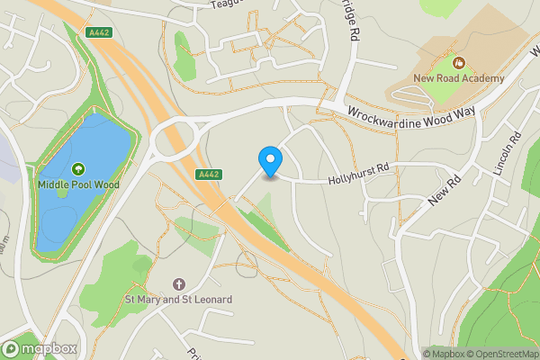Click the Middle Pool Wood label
(x=78, y=184)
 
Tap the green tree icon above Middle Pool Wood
(x=78, y=168)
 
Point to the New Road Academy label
(x=459, y=79)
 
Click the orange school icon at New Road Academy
(x=459, y=63)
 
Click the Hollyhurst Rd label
(x=358, y=168)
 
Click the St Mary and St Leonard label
(x=177, y=299)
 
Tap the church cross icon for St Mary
(x=177, y=283)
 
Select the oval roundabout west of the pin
(x=176, y=141)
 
